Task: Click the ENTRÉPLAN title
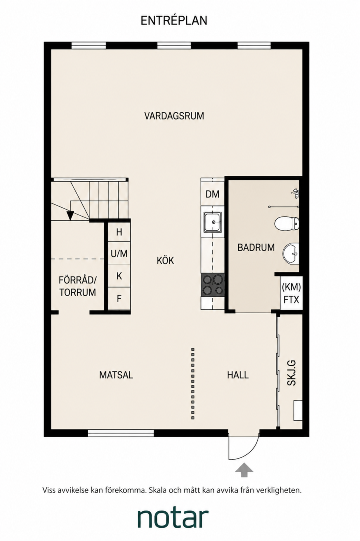tap(174, 21)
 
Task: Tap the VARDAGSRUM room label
tap(174, 116)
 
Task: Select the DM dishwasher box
tap(212, 194)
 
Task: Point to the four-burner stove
tap(213, 285)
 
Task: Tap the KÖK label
tap(166, 260)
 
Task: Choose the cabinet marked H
tap(119, 232)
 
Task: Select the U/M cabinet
tap(119, 254)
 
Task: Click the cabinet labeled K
tap(119, 276)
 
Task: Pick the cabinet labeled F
tap(119, 298)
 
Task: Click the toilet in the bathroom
tap(287, 223)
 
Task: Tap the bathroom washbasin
tap(291, 253)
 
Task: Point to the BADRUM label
tap(256, 247)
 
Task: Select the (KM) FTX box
tap(292, 293)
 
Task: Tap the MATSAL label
tap(116, 375)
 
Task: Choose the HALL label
tap(238, 375)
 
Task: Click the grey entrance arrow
tap(244, 470)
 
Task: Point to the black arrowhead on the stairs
tap(70, 215)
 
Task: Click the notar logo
tap(173, 517)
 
